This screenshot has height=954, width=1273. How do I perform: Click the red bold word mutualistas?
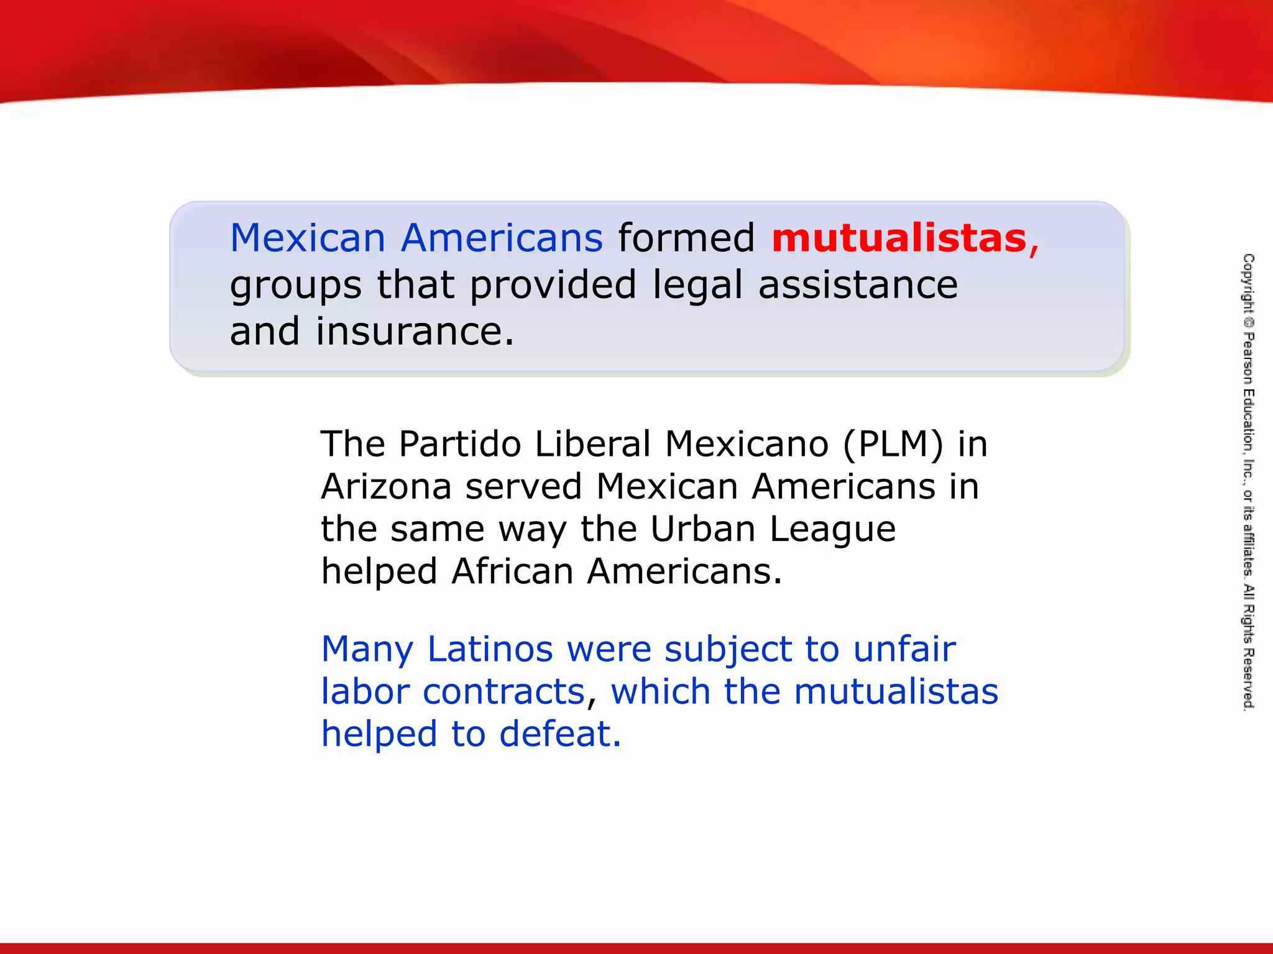(899, 238)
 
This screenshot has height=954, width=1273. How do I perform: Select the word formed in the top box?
(686, 238)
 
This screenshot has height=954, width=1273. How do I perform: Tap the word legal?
(697, 286)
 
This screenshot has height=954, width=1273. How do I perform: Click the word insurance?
(415, 331)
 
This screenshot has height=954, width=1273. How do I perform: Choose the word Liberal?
(593, 444)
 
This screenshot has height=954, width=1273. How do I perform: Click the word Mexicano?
(747, 444)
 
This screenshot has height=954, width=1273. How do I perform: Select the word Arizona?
(386, 486)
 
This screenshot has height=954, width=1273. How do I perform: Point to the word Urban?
(703, 529)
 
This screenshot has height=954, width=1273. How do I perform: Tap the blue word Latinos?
(490, 650)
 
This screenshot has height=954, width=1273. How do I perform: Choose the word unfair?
(904, 650)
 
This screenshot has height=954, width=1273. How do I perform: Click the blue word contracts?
(504, 692)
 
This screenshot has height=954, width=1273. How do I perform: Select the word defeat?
(559, 734)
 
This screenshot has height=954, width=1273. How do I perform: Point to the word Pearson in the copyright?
(1248, 358)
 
